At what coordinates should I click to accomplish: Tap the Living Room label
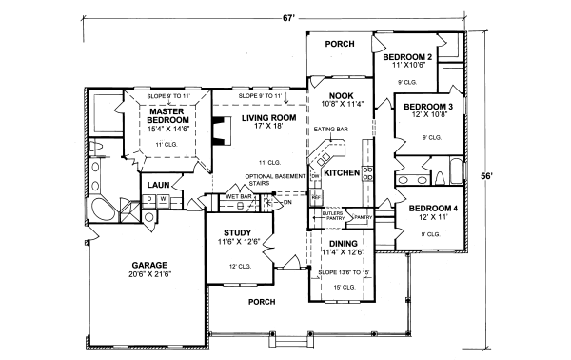[x=268, y=117]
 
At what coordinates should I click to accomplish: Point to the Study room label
[x=238, y=232]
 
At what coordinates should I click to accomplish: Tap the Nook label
[x=341, y=96]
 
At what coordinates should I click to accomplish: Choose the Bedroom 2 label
[x=415, y=57]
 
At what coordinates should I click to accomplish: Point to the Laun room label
[x=158, y=184]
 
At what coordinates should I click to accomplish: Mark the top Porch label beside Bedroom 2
[x=340, y=44]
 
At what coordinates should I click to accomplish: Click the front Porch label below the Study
[x=262, y=302]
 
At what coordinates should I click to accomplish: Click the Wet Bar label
[x=238, y=198]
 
